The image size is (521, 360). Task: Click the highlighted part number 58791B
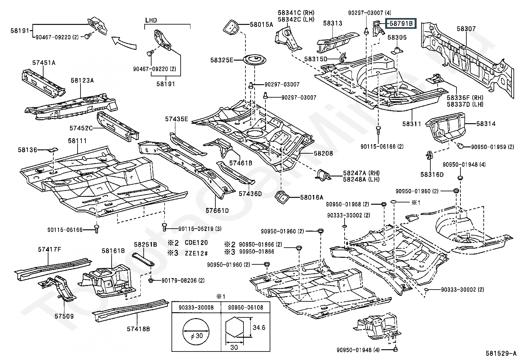point(401,24)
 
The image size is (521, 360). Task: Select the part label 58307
point(466,29)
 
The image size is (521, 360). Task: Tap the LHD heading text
point(151,20)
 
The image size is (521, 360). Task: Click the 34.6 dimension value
point(259,327)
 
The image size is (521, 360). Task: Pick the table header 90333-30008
point(196,308)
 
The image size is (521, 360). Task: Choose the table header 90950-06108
point(245,308)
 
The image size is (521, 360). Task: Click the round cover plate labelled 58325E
point(255,60)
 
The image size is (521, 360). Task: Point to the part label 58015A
point(261,24)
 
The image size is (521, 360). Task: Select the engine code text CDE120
point(196,243)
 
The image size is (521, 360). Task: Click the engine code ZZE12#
point(196,253)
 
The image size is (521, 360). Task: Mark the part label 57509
point(64,316)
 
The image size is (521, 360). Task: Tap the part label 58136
point(27,150)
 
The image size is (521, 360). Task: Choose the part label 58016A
point(312,197)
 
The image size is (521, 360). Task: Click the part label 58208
point(323,153)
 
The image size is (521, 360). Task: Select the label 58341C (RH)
point(296,13)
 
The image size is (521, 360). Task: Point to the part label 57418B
point(138,329)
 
